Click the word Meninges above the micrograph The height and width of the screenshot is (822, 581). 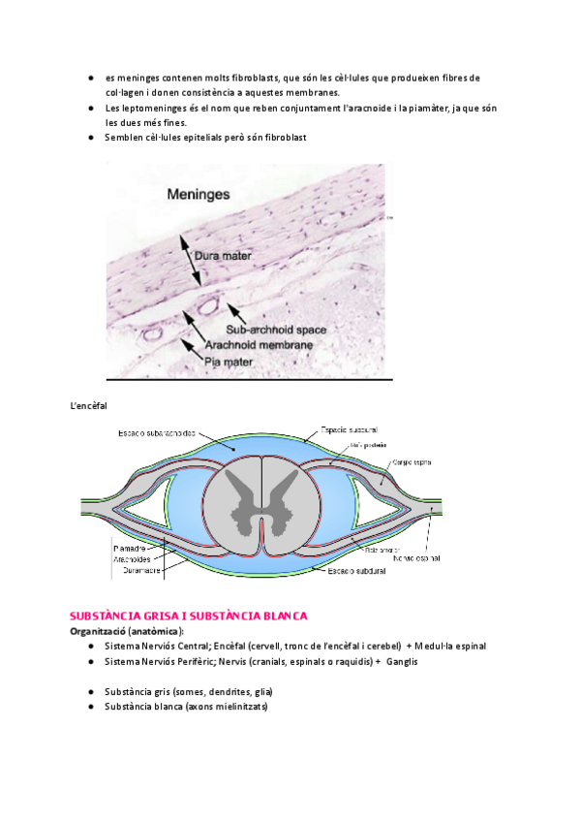tap(199, 194)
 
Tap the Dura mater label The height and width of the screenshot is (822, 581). tap(225, 257)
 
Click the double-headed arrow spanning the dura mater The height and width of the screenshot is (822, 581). tap(189, 259)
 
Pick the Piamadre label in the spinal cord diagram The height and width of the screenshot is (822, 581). tap(131, 548)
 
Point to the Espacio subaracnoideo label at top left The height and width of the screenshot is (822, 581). tap(157, 432)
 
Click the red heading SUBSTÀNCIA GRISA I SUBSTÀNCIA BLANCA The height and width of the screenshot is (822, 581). tap(188, 616)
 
